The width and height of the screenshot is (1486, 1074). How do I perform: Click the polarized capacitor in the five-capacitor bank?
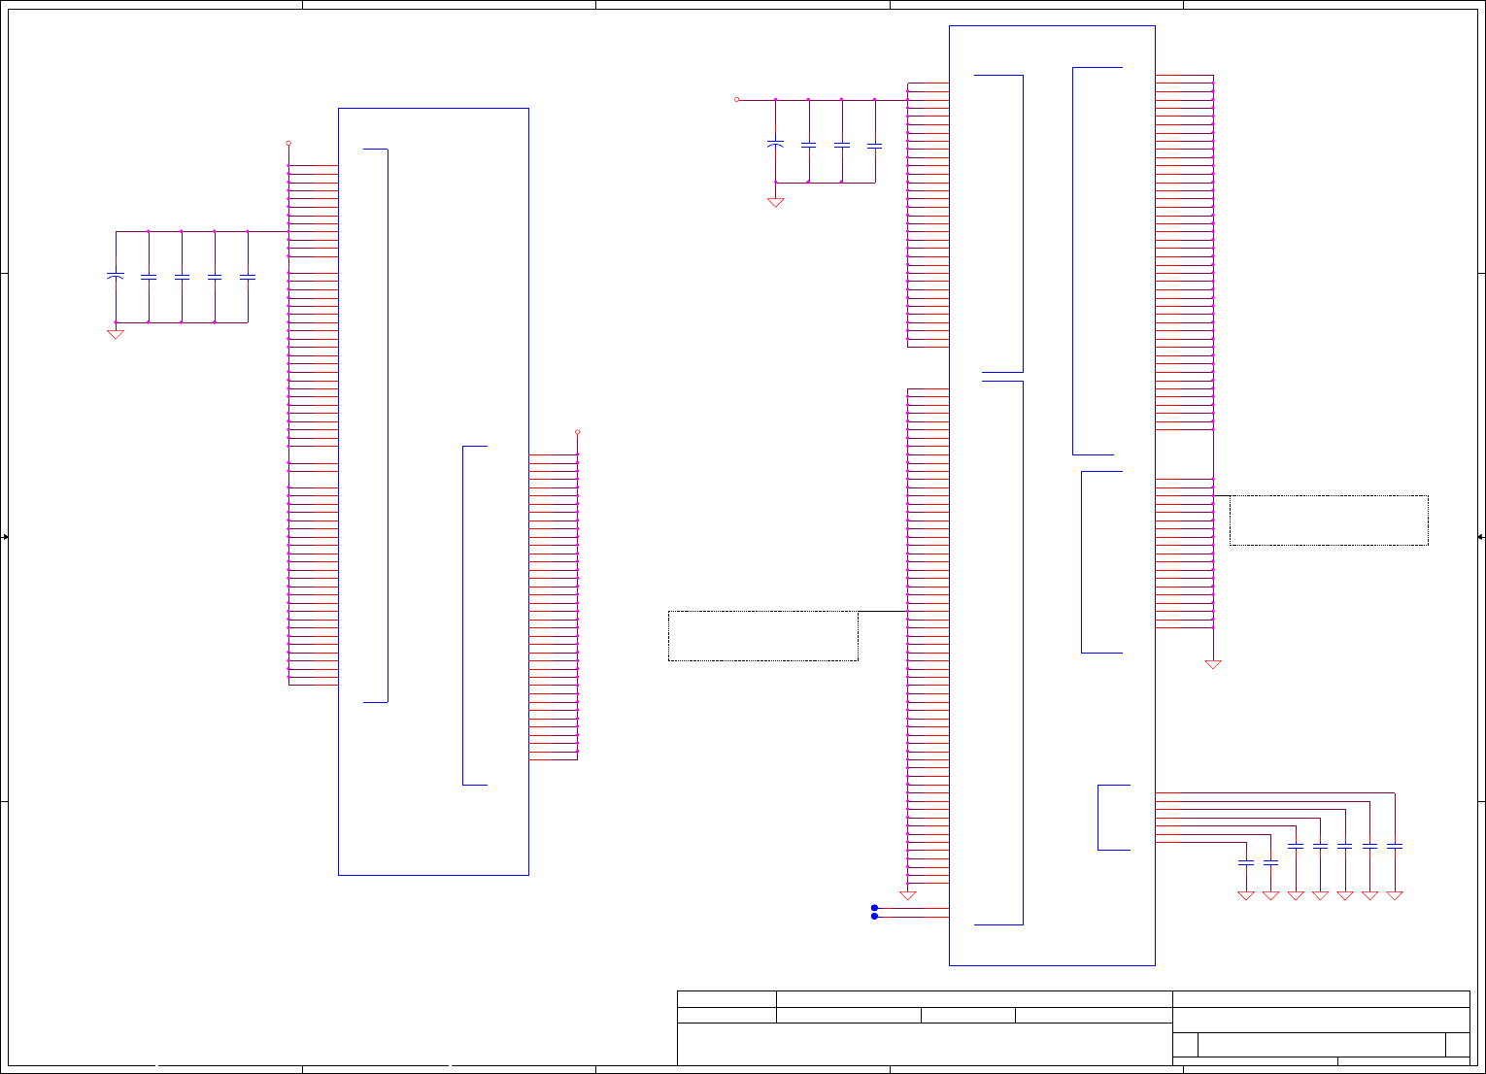(x=116, y=278)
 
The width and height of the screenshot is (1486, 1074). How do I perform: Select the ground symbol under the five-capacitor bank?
(x=116, y=334)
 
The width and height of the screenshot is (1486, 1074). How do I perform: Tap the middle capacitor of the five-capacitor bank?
(x=182, y=278)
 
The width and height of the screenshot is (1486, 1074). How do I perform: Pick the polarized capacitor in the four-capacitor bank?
(x=775, y=145)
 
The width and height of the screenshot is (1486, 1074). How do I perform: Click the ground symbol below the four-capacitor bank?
(x=775, y=202)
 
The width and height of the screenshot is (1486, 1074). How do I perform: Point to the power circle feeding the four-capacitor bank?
(x=736, y=99)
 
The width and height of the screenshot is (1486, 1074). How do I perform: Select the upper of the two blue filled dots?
(x=874, y=908)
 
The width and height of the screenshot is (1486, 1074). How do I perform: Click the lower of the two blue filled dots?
(x=874, y=917)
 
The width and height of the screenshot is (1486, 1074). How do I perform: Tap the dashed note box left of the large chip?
(x=762, y=636)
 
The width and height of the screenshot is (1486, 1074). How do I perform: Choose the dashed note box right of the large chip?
(x=1328, y=520)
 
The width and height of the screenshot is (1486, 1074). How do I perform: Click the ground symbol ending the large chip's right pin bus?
(x=1213, y=664)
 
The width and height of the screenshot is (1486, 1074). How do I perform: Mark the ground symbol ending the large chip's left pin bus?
(x=908, y=895)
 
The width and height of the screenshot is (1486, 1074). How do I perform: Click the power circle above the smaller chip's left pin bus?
(x=288, y=143)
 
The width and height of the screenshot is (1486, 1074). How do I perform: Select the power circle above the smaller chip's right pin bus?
(x=577, y=432)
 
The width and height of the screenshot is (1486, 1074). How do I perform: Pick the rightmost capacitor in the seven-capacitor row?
(x=1395, y=847)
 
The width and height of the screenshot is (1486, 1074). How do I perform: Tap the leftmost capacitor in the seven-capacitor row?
(x=1246, y=862)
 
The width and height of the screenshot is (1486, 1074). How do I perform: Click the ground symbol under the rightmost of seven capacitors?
(x=1395, y=895)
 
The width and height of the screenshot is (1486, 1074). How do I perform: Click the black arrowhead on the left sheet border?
(x=6, y=537)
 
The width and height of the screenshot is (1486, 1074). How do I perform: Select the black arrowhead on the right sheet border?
(x=1480, y=537)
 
